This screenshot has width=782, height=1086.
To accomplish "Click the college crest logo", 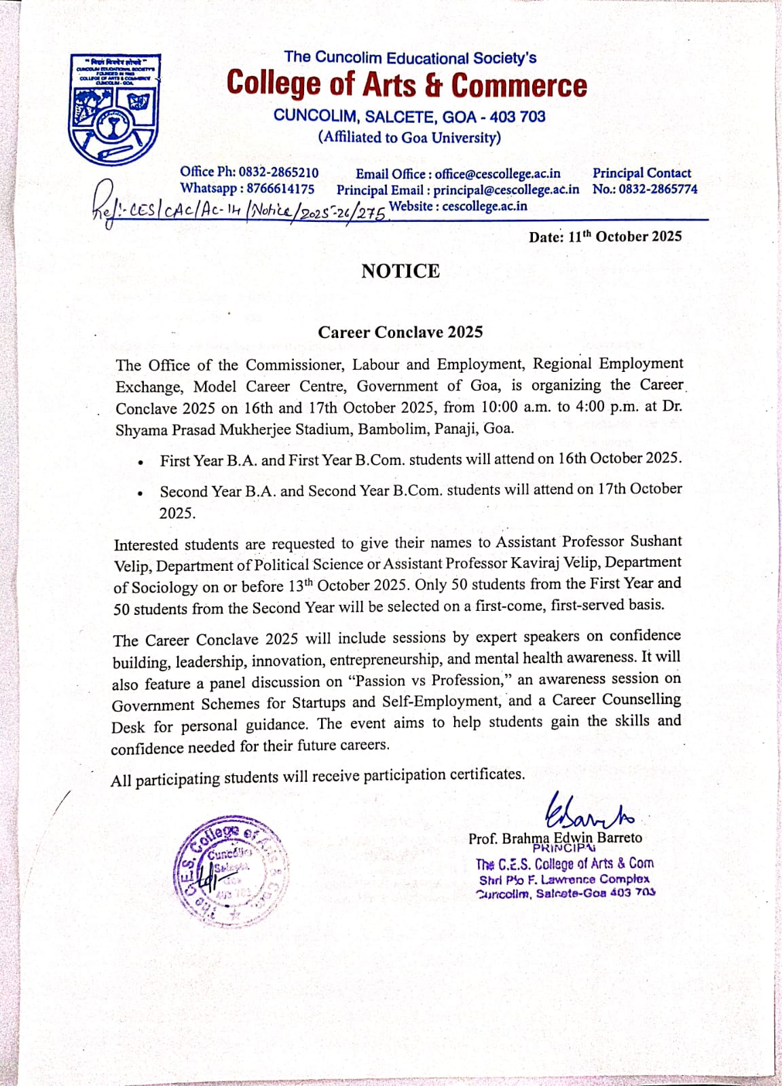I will pyautogui.click(x=115, y=110).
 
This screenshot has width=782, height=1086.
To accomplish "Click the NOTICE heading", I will pyautogui.click(x=401, y=271).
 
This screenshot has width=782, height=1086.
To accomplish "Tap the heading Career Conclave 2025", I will pyautogui.click(x=401, y=332).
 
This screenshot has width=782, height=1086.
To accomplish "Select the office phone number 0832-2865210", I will pyautogui.click(x=278, y=172).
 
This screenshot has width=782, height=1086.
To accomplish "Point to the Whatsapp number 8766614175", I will pyautogui.click(x=280, y=189).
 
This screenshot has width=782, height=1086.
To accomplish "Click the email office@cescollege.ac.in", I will pyautogui.click(x=498, y=174).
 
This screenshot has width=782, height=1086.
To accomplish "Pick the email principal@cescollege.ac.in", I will pyautogui.click(x=506, y=190).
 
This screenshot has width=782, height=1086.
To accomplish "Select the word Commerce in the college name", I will pyautogui.click(x=519, y=85).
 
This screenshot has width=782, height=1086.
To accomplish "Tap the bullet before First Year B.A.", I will pyautogui.click(x=140, y=462).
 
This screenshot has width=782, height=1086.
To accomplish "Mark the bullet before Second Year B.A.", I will pyautogui.click(x=140, y=493).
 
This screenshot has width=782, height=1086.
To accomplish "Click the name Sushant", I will pyautogui.click(x=656, y=541).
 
